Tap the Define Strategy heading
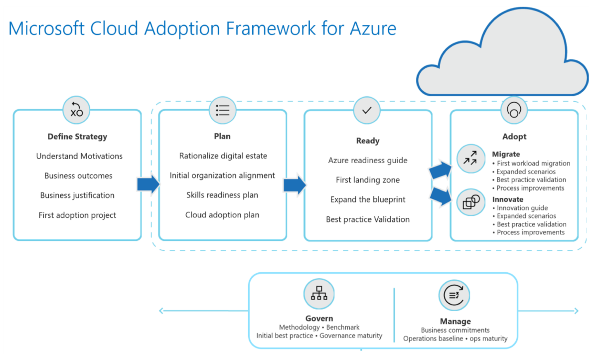(77, 137)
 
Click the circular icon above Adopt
(513, 110)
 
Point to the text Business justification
(77, 195)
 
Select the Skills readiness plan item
(222, 195)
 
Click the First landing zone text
(368, 180)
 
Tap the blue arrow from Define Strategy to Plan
(148, 185)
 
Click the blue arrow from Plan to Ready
(294, 185)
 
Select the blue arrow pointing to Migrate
(440, 170)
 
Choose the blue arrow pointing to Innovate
(440, 196)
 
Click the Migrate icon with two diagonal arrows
(470, 159)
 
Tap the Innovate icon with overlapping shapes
(470, 202)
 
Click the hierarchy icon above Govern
(319, 294)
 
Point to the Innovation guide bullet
(522, 208)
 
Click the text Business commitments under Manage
(455, 330)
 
